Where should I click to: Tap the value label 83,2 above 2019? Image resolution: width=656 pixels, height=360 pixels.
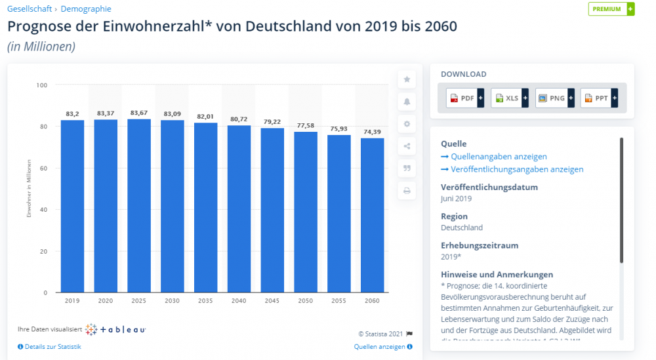coord(72,114)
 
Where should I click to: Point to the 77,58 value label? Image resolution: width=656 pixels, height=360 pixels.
coord(306,126)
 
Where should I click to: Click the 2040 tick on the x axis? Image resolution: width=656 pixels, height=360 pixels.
coord(239,300)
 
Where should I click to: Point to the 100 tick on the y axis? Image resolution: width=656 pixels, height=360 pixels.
coord(42,85)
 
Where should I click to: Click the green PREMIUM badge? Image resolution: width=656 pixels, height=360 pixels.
coord(611,9)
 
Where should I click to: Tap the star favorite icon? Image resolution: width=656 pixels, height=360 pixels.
coord(407,79)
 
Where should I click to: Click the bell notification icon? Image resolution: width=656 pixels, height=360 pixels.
coord(407,102)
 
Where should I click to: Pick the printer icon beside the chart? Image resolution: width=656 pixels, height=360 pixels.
coord(407,191)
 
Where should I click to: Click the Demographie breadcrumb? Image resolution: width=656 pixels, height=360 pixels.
coord(86,9)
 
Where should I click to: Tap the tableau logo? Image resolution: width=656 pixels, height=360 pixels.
coord(116,329)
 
